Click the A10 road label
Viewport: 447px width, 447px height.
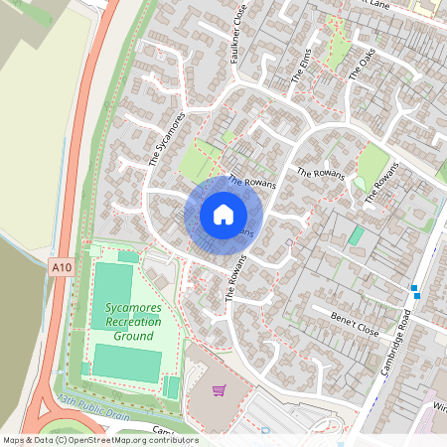point(60,267)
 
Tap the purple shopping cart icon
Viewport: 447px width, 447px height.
point(219,390)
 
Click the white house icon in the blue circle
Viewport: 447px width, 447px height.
point(223,215)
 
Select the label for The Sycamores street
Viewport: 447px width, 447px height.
point(168,139)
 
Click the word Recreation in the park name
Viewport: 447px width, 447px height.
point(133,322)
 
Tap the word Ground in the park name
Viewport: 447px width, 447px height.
point(133,336)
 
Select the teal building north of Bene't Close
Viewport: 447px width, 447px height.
point(356,235)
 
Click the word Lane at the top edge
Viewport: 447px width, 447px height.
point(377,4)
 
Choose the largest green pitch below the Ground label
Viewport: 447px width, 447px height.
point(126,363)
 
